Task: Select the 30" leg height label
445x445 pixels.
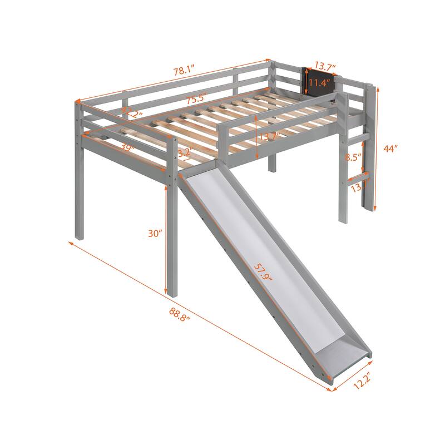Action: coord(155,234)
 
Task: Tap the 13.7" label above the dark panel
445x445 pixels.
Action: coord(325,67)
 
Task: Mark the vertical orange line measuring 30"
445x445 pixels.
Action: coord(168,239)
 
